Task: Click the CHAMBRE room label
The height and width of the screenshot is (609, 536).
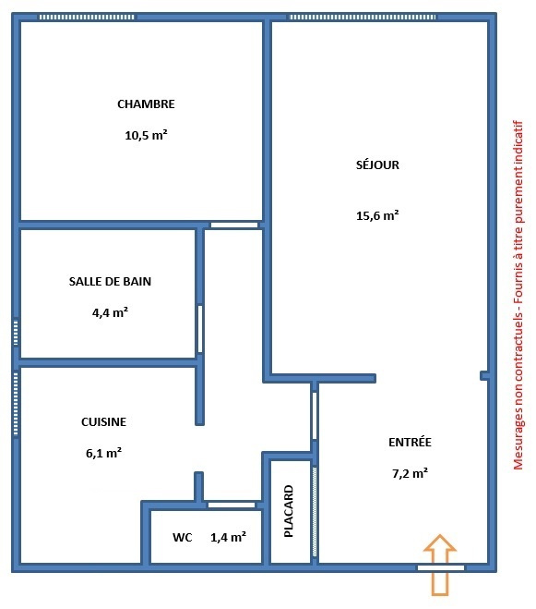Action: pos(146,104)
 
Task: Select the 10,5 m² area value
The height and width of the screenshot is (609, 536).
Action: pos(146,135)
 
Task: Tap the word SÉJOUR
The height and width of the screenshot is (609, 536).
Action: pos(377,164)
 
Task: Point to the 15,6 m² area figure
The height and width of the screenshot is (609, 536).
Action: pos(377,215)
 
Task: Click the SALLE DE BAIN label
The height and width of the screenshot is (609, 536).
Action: pos(110,281)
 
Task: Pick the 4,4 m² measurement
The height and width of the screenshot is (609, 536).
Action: pos(110,312)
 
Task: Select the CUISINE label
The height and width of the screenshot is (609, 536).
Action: pos(103,421)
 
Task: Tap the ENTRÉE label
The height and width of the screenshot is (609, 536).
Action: pos(410,442)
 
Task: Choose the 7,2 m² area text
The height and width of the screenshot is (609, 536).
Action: pos(410,473)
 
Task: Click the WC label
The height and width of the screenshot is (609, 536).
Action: pos(183,538)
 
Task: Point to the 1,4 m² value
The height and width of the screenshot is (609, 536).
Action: pos(228,537)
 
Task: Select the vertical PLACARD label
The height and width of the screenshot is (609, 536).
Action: pos(289,511)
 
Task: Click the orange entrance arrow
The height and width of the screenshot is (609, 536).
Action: pos(440,565)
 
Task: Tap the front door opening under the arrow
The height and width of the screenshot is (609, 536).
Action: pos(441,568)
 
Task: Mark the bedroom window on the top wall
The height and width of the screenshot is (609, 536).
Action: pos(87,17)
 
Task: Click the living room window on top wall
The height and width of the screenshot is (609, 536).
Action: pos(363,17)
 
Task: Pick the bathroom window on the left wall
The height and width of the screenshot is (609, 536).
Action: pos(16,332)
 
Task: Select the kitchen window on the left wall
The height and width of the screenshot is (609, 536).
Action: pos(16,404)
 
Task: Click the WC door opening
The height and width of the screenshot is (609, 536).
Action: pos(232,505)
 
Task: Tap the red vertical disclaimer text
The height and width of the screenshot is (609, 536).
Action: pos(518,295)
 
